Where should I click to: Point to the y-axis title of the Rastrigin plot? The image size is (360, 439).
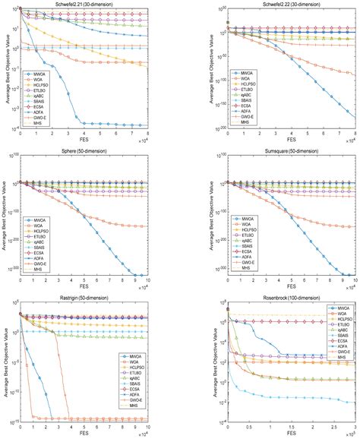5,363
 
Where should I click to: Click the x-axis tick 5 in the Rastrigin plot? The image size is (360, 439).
90,428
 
